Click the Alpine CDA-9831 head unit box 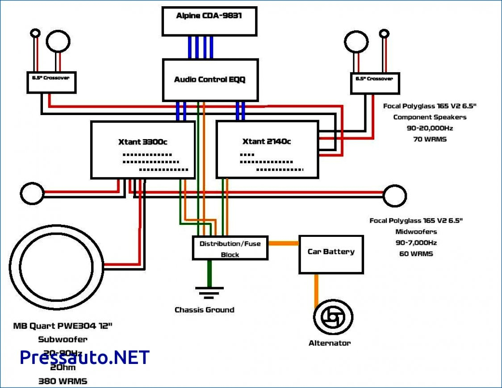[x=209, y=21]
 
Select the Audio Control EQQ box [x=210, y=80]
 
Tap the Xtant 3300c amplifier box [x=143, y=150]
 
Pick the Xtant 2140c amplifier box [x=267, y=150]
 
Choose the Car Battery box [x=331, y=254]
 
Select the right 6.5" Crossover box [x=375, y=83]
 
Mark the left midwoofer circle [x=33, y=194]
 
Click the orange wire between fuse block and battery [x=283, y=244]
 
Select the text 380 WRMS [x=63, y=381]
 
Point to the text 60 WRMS [x=416, y=254]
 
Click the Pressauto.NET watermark [x=84, y=357]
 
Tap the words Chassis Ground [x=204, y=310]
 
